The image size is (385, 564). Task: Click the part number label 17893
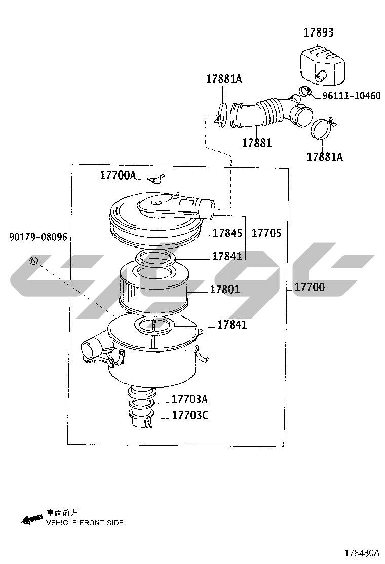coord(319,32)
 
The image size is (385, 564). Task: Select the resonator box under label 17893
coord(322,65)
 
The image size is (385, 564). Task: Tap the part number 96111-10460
coord(351,96)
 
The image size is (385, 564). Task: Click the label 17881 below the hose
coord(257,143)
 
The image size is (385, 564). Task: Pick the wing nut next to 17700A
coord(157,179)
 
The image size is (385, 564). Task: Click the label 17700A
coord(118,175)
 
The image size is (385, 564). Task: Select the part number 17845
coord(227,233)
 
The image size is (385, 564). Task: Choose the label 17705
coord(266,233)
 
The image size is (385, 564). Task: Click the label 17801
coord(225,289)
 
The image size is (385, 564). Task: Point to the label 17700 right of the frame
coord(310,287)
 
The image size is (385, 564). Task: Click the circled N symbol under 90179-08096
coord(34,260)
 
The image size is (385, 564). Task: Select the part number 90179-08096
coord(38,237)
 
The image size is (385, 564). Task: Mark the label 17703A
coord(189,399)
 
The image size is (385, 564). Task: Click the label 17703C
coord(190,415)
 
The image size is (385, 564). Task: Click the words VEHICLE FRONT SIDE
coord(85,523)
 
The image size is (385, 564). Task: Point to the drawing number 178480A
coord(362,553)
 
